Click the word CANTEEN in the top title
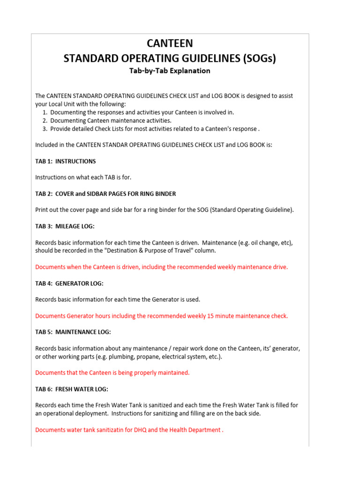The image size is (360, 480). click(170, 44)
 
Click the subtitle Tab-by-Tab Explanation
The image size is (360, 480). click(170, 71)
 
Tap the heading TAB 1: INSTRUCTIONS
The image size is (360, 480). click(66, 161)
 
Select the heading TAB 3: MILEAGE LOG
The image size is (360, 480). click(65, 226)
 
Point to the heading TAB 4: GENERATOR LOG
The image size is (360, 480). click(69, 283)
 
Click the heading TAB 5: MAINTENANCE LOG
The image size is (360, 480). click(73, 332)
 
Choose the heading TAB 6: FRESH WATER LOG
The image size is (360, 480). click(72, 389)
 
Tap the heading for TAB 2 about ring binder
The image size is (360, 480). click(105, 194)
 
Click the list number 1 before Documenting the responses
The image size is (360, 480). click(44, 112)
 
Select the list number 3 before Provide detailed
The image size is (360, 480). click(44, 129)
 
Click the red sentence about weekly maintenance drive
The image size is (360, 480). click(162, 267)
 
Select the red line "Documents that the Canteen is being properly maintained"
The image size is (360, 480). click(112, 373)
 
